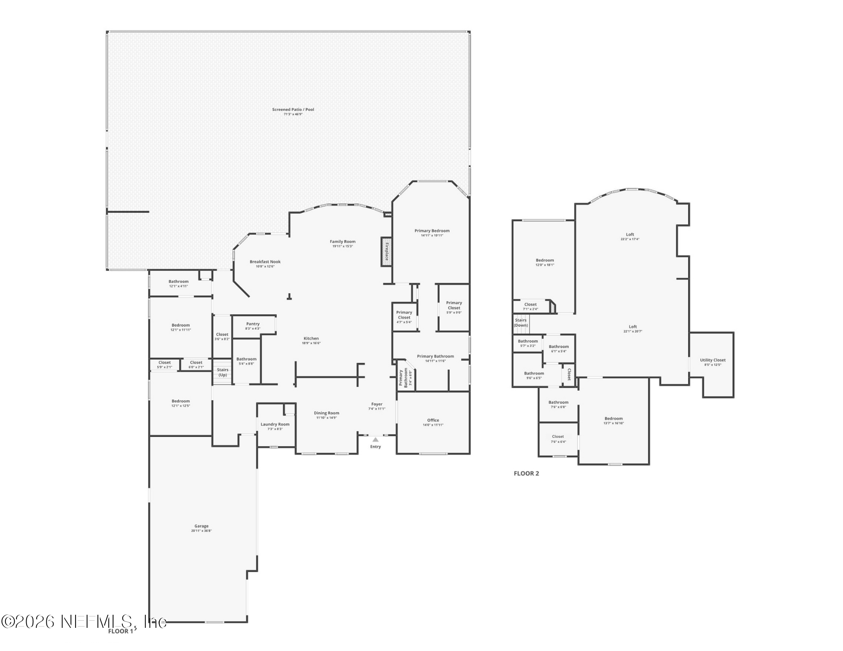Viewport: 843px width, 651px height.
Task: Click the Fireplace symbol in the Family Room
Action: click(386, 252)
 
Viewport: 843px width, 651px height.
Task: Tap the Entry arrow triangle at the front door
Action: click(375, 439)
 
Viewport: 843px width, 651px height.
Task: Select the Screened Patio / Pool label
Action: click(293, 110)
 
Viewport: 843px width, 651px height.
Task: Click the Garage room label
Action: click(202, 526)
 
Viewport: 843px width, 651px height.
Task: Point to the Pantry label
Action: click(253, 324)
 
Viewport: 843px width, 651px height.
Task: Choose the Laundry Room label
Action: click(275, 424)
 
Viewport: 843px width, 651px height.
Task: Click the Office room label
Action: click(433, 420)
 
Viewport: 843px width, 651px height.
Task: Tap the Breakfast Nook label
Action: click(265, 262)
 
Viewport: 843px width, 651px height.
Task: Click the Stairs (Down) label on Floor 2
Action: click(521, 323)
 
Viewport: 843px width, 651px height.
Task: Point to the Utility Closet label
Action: click(713, 360)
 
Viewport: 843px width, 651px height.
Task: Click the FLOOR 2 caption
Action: click(526, 474)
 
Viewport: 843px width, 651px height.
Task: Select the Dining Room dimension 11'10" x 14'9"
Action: click(326, 418)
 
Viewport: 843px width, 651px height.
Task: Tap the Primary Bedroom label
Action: click(432, 231)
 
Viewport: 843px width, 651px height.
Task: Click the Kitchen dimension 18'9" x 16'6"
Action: click(311, 343)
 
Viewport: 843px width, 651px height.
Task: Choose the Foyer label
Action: click(377, 404)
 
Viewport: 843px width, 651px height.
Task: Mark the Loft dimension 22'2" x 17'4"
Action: click(630, 239)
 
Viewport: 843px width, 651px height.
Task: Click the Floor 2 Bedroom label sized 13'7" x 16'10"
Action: click(614, 418)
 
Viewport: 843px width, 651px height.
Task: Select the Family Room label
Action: click(342, 242)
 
